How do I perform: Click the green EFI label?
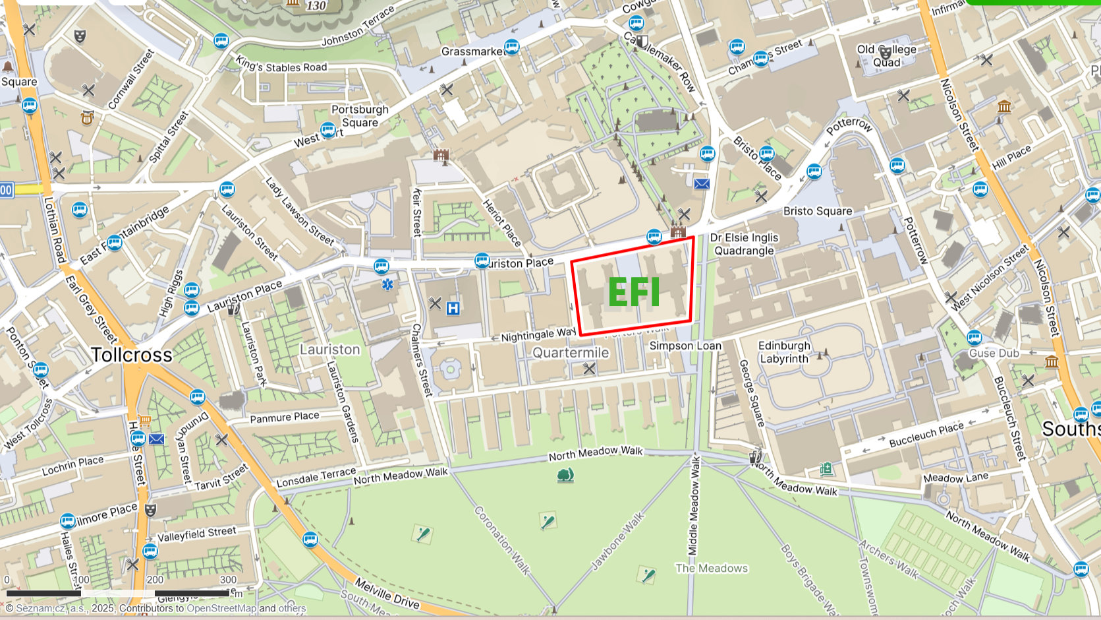pyautogui.click(x=633, y=292)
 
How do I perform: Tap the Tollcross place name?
pyautogui.click(x=132, y=355)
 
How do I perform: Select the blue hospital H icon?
pyautogui.click(x=453, y=308)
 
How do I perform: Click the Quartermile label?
pyautogui.click(x=571, y=353)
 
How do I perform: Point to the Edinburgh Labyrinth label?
pyautogui.click(x=784, y=352)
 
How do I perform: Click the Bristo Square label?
pyautogui.click(x=818, y=211)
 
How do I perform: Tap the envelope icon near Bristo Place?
pyautogui.click(x=702, y=184)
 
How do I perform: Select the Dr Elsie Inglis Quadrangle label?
pyautogui.click(x=745, y=244)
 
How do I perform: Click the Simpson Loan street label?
pyautogui.click(x=685, y=346)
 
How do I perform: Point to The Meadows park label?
pyautogui.click(x=712, y=568)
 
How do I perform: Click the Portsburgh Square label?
pyautogui.click(x=360, y=116)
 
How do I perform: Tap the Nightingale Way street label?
pyautogui.click(x=538, y=335)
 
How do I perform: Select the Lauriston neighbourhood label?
pyautogui.click(x=330, y=350)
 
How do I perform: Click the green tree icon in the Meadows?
pyautogui.click(x=565, y=475)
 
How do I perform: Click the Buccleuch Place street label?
pyautogui.click(x=926, y=434)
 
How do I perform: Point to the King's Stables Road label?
pyautogui.click(x=281, y=65)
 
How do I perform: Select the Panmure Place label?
pyautogui.click(x=285, y=417)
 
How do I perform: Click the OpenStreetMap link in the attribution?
pyautogui.click(x=221, y=608)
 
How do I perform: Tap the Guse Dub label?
pyautogui.click(x=994, y=353)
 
